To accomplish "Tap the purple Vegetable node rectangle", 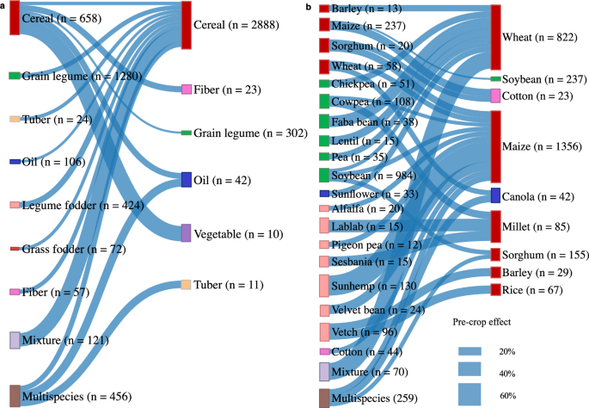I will [x=187, y=232].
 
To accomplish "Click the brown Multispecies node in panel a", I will [x=15, y=396].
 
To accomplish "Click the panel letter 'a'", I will [x=3, y=5].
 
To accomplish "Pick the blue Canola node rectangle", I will [x=495, y=195].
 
